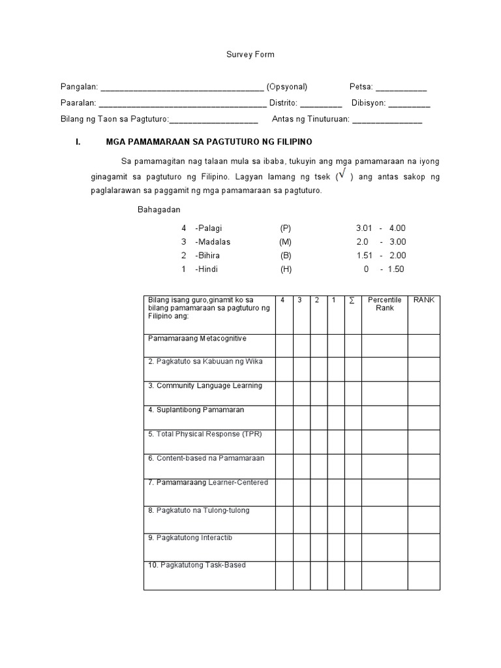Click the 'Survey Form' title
250,55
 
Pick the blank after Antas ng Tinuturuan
387,121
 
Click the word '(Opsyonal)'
286,87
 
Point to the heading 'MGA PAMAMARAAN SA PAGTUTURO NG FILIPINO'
209,142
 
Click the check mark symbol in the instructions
342,175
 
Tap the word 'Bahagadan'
159,210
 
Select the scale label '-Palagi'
209,228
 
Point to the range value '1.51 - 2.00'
381,256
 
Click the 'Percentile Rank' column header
384,304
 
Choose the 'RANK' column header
423,300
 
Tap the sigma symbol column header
352,300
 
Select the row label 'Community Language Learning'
205,386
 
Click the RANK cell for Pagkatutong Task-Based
423,575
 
